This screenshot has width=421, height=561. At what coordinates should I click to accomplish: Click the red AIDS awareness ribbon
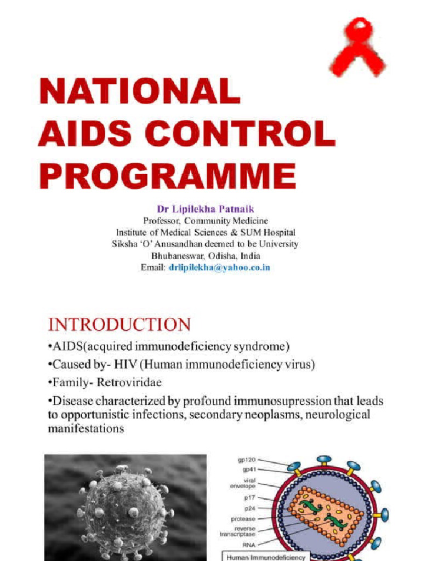(x=358, y=48)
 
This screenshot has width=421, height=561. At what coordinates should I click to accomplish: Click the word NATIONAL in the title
(x=140, y=91)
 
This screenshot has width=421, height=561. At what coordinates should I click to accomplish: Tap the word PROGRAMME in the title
(x=167, y=176)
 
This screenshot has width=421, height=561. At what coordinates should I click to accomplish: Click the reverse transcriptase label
(x=242, y=531)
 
